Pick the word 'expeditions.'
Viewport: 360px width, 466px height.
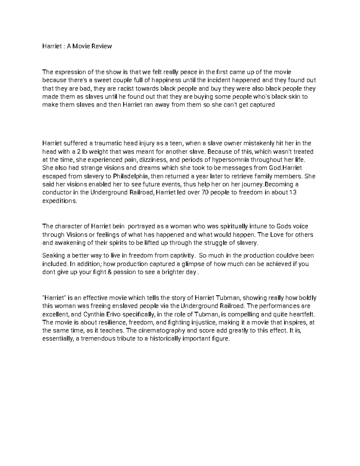(60, 201)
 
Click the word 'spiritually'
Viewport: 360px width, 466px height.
(234, 226)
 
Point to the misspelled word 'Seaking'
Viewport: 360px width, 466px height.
(53, 256)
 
